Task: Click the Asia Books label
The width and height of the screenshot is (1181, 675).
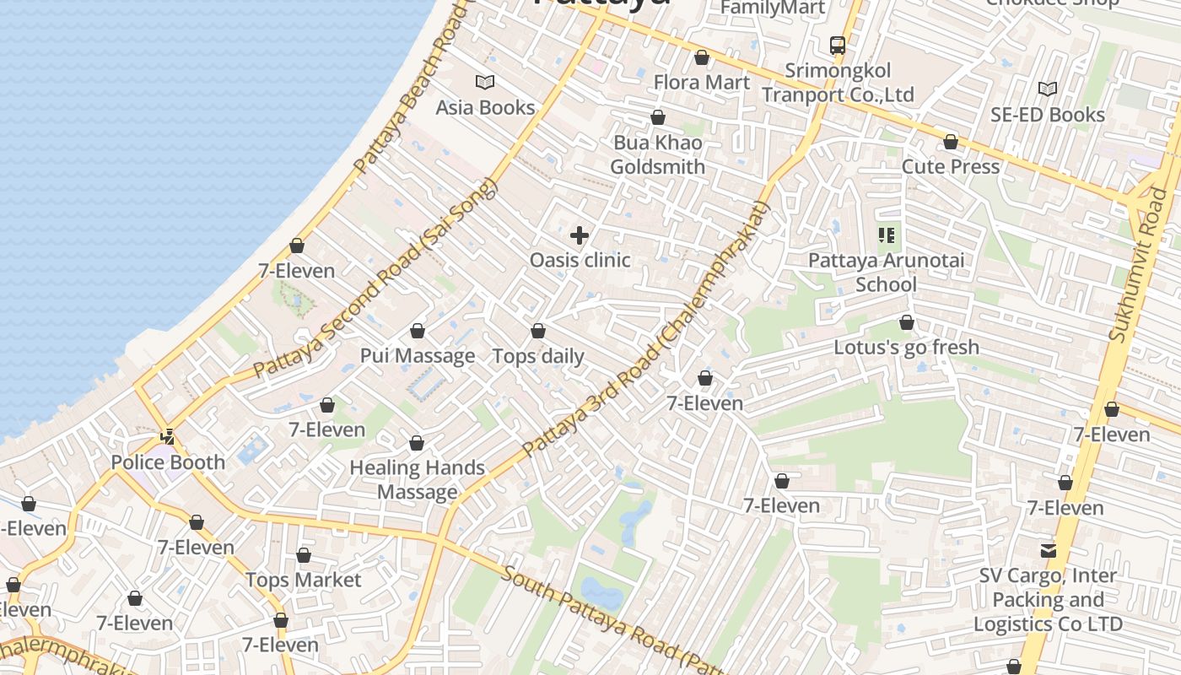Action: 485,107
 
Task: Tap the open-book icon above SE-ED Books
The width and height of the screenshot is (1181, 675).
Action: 1048,89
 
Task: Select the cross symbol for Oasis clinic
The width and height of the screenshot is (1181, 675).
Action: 580,235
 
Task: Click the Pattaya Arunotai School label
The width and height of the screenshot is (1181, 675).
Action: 886,272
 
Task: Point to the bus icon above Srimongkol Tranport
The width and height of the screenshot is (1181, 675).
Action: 838,46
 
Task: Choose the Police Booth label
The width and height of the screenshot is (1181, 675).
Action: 168,462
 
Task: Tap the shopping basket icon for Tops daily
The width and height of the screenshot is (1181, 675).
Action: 538,332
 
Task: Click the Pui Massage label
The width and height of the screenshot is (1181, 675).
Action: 418,355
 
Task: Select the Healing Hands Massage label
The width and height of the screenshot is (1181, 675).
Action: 417,479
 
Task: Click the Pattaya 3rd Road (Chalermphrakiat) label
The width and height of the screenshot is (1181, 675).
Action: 646,331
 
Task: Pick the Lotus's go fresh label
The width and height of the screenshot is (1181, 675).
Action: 906,347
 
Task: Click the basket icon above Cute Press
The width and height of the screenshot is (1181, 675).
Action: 951,143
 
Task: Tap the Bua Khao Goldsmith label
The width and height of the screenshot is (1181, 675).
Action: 657,154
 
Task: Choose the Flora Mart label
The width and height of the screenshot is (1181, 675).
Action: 701,82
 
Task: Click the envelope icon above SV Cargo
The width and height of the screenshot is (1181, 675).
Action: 1048,551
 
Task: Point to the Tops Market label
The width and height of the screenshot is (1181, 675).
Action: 303,580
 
